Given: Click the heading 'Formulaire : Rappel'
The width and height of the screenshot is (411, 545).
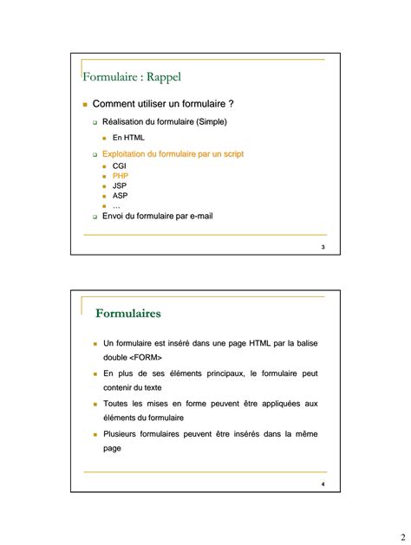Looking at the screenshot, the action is [132, 77].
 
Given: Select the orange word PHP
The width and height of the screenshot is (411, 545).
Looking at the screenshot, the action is [120, 175].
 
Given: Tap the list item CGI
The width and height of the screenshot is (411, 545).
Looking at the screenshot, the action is [120, 165].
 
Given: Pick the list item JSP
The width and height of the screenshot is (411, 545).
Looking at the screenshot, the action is [120, 185].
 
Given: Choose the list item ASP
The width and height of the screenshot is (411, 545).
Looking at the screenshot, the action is [120, 196].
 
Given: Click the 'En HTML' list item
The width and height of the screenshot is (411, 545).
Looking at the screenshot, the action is [128, 137].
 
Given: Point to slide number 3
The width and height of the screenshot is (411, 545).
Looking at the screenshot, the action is [323, 249].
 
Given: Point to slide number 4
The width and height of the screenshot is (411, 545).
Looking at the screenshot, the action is [323, 483].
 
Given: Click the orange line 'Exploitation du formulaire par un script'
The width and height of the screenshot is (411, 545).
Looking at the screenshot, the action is [173, 153].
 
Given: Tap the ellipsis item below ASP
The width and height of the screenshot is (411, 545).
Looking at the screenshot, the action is [116, 206].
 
